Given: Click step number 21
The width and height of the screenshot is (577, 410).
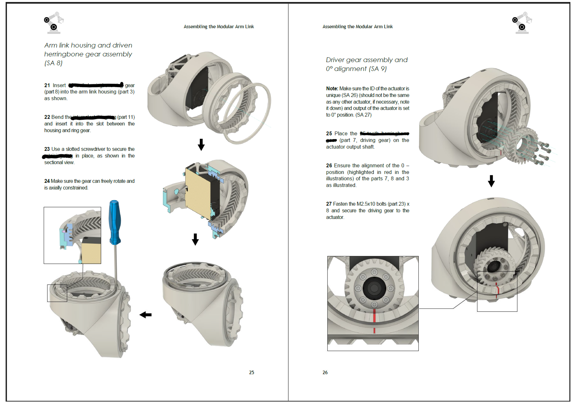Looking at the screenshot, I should (x=47, y=85).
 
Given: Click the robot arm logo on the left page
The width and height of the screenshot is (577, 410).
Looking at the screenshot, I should (x=54, y=23).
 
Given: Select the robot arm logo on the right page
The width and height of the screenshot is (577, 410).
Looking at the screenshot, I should (x=522, y=23).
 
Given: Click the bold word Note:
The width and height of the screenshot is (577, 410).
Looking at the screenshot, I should (x=332, y=89).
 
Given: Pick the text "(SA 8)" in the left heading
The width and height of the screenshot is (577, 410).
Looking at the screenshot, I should (x=53, y=63).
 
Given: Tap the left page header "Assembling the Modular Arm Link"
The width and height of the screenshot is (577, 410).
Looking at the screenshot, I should (x=219, y=27).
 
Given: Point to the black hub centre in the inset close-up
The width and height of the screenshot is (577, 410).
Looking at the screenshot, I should (x=374, y=288).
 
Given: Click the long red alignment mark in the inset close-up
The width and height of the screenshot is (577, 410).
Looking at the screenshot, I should (x=374, y=316).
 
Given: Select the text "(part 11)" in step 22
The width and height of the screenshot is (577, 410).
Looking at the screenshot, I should (x=126, y=117).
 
